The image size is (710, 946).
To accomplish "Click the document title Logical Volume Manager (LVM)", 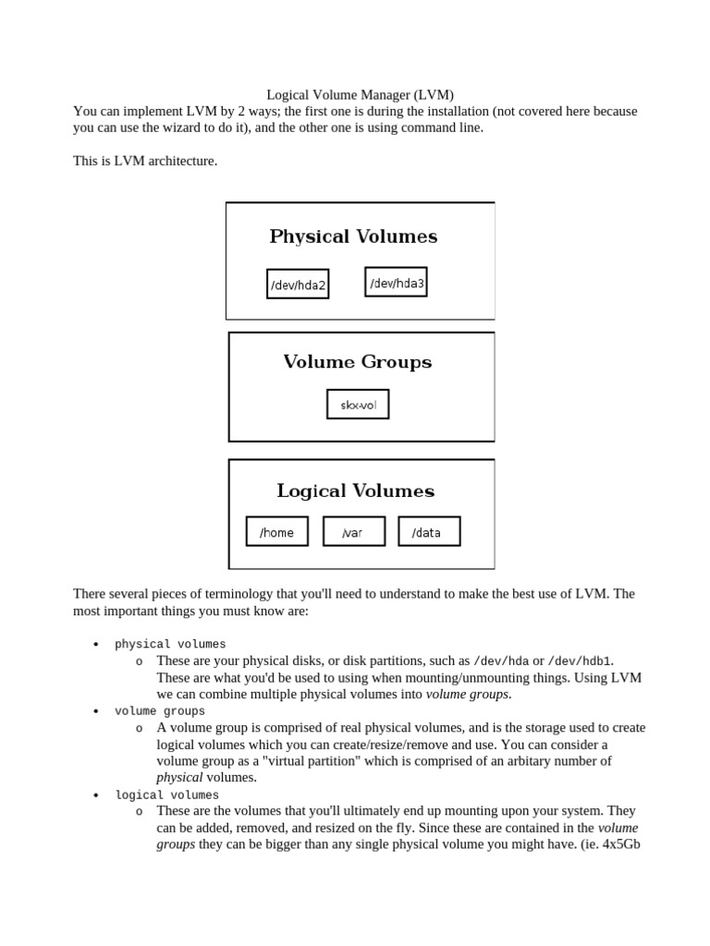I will [x=360, y=94].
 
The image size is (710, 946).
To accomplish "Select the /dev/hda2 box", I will [x=298, y=285].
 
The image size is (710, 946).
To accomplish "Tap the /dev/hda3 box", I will [x=397, y=283].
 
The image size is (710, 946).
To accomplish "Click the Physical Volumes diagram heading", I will [x=353, y=236].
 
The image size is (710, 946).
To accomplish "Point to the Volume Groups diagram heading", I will [x=357, y=362].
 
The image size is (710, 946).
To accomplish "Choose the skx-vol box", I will [x=358, y=405].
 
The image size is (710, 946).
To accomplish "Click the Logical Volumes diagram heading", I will [x=355, y=491].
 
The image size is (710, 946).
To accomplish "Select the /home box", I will [x=276, y=532].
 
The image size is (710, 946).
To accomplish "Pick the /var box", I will [x=353, y=532].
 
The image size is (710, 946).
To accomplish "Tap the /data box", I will [x=429, y=532].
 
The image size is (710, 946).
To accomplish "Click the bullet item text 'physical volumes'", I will [x=170, y=644].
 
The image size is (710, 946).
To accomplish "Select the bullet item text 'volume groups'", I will [x=160, y=711].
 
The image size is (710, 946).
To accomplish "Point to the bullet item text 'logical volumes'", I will [x=166, y=794].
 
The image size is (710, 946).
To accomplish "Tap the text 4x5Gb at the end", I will [x=621, y=844].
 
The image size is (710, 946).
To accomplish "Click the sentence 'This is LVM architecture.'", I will [x=145, y=161].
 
